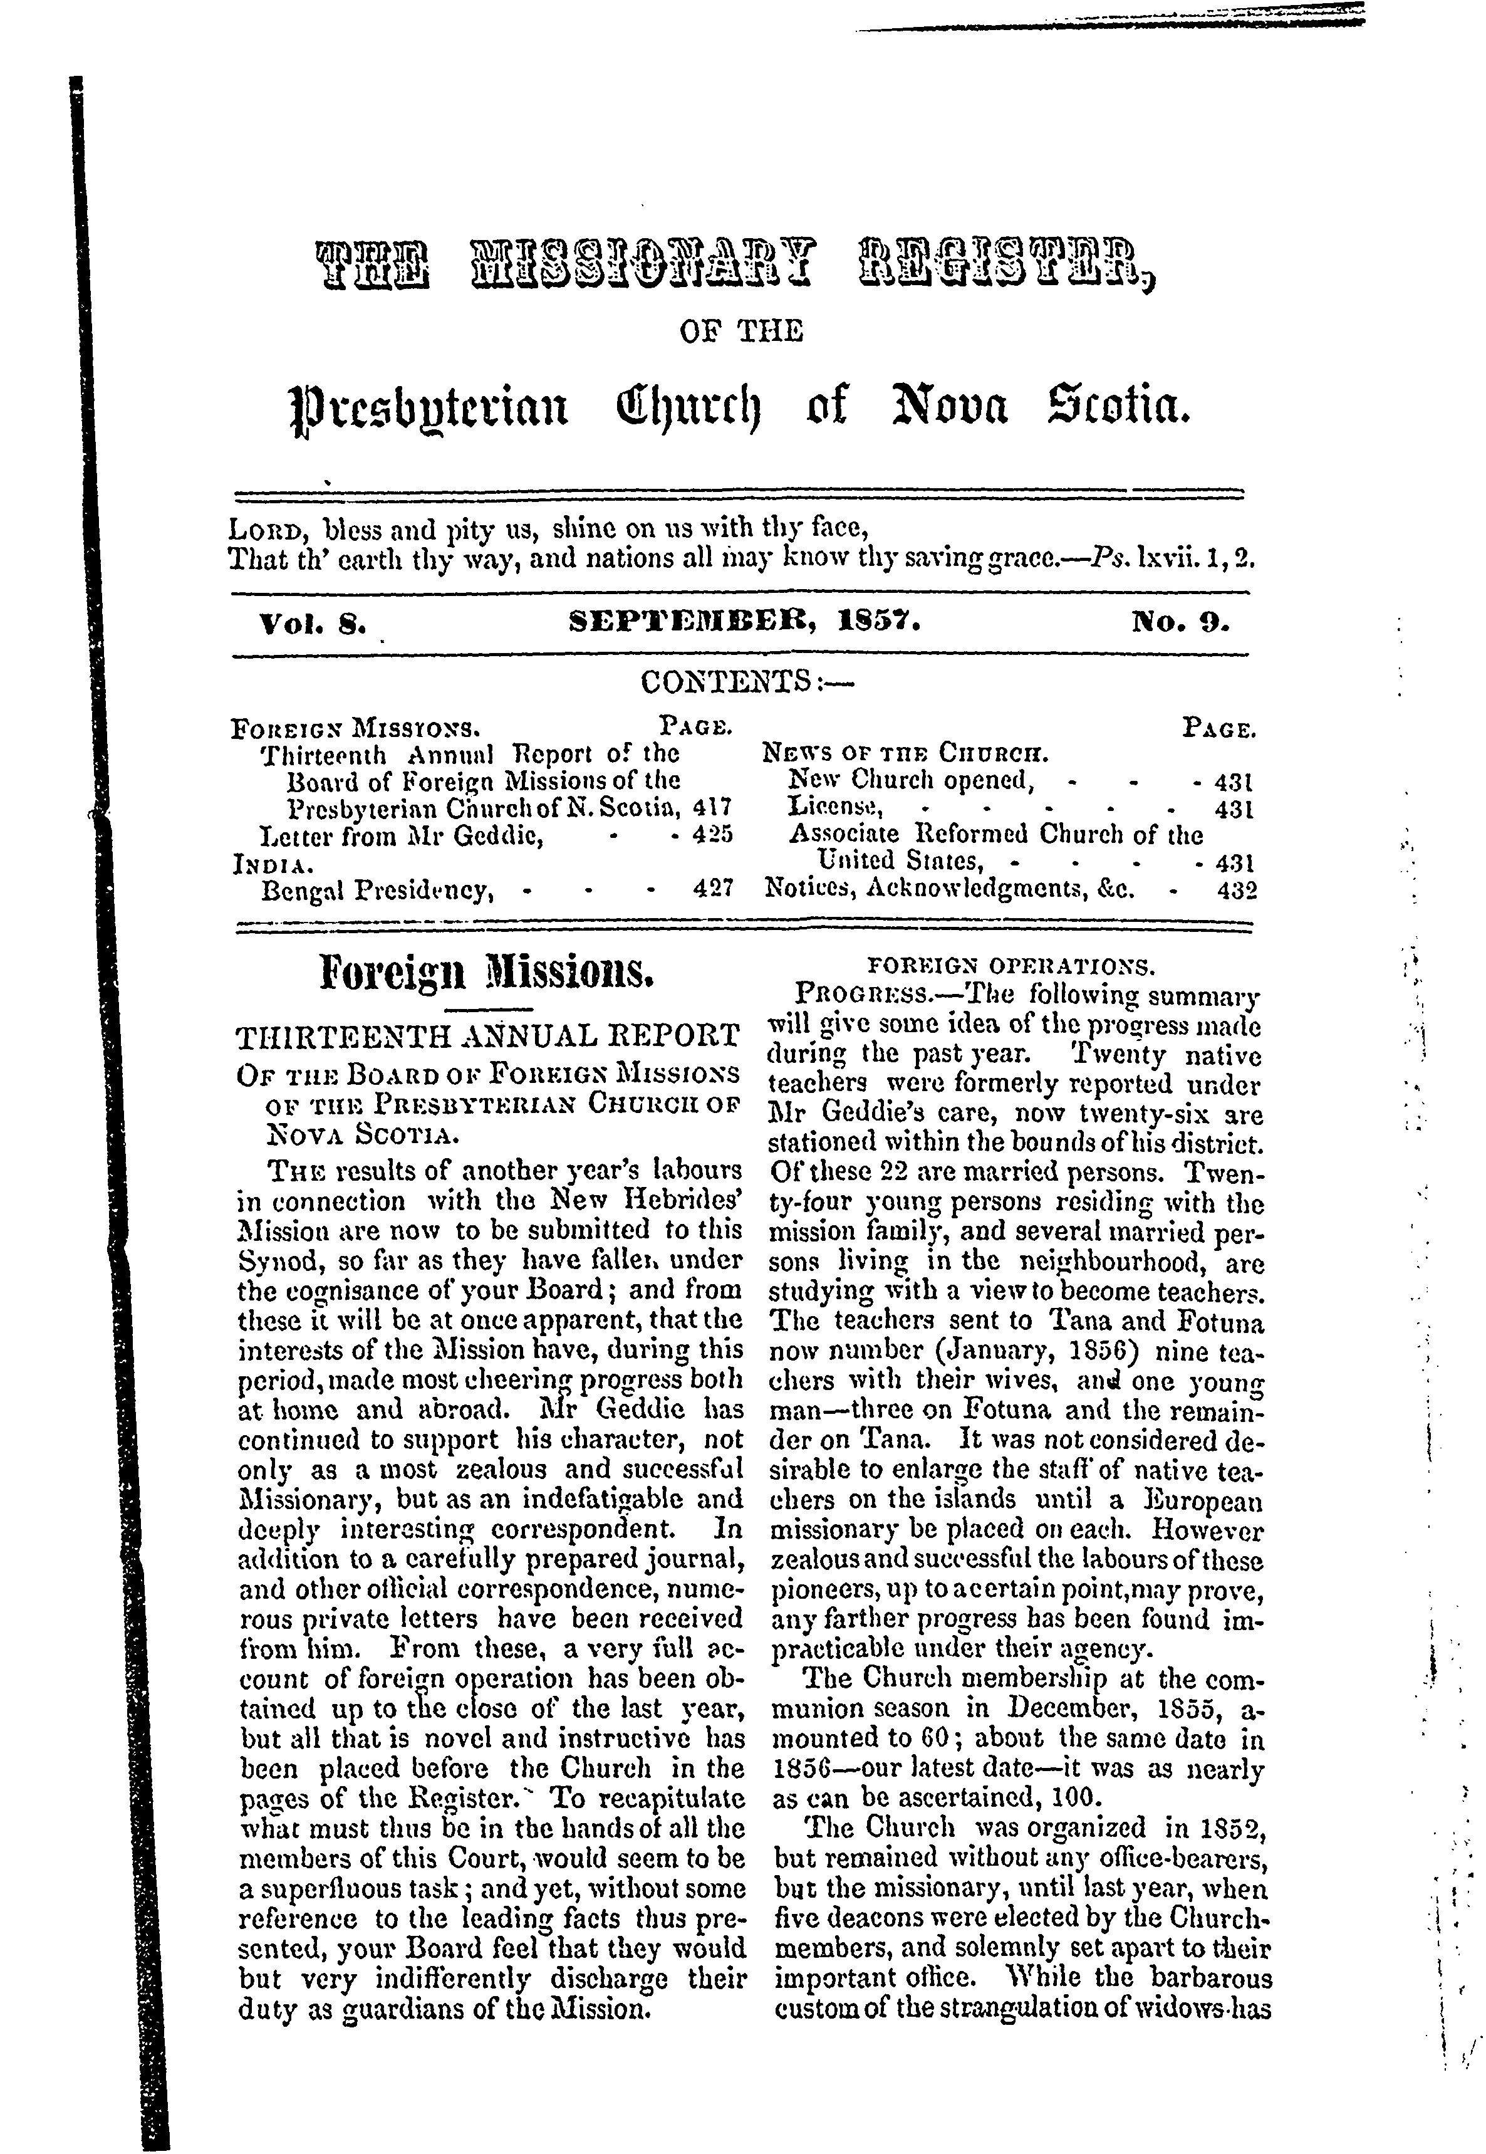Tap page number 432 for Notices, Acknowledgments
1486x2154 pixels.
1237,891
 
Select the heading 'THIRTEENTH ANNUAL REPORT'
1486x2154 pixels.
488,1037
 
